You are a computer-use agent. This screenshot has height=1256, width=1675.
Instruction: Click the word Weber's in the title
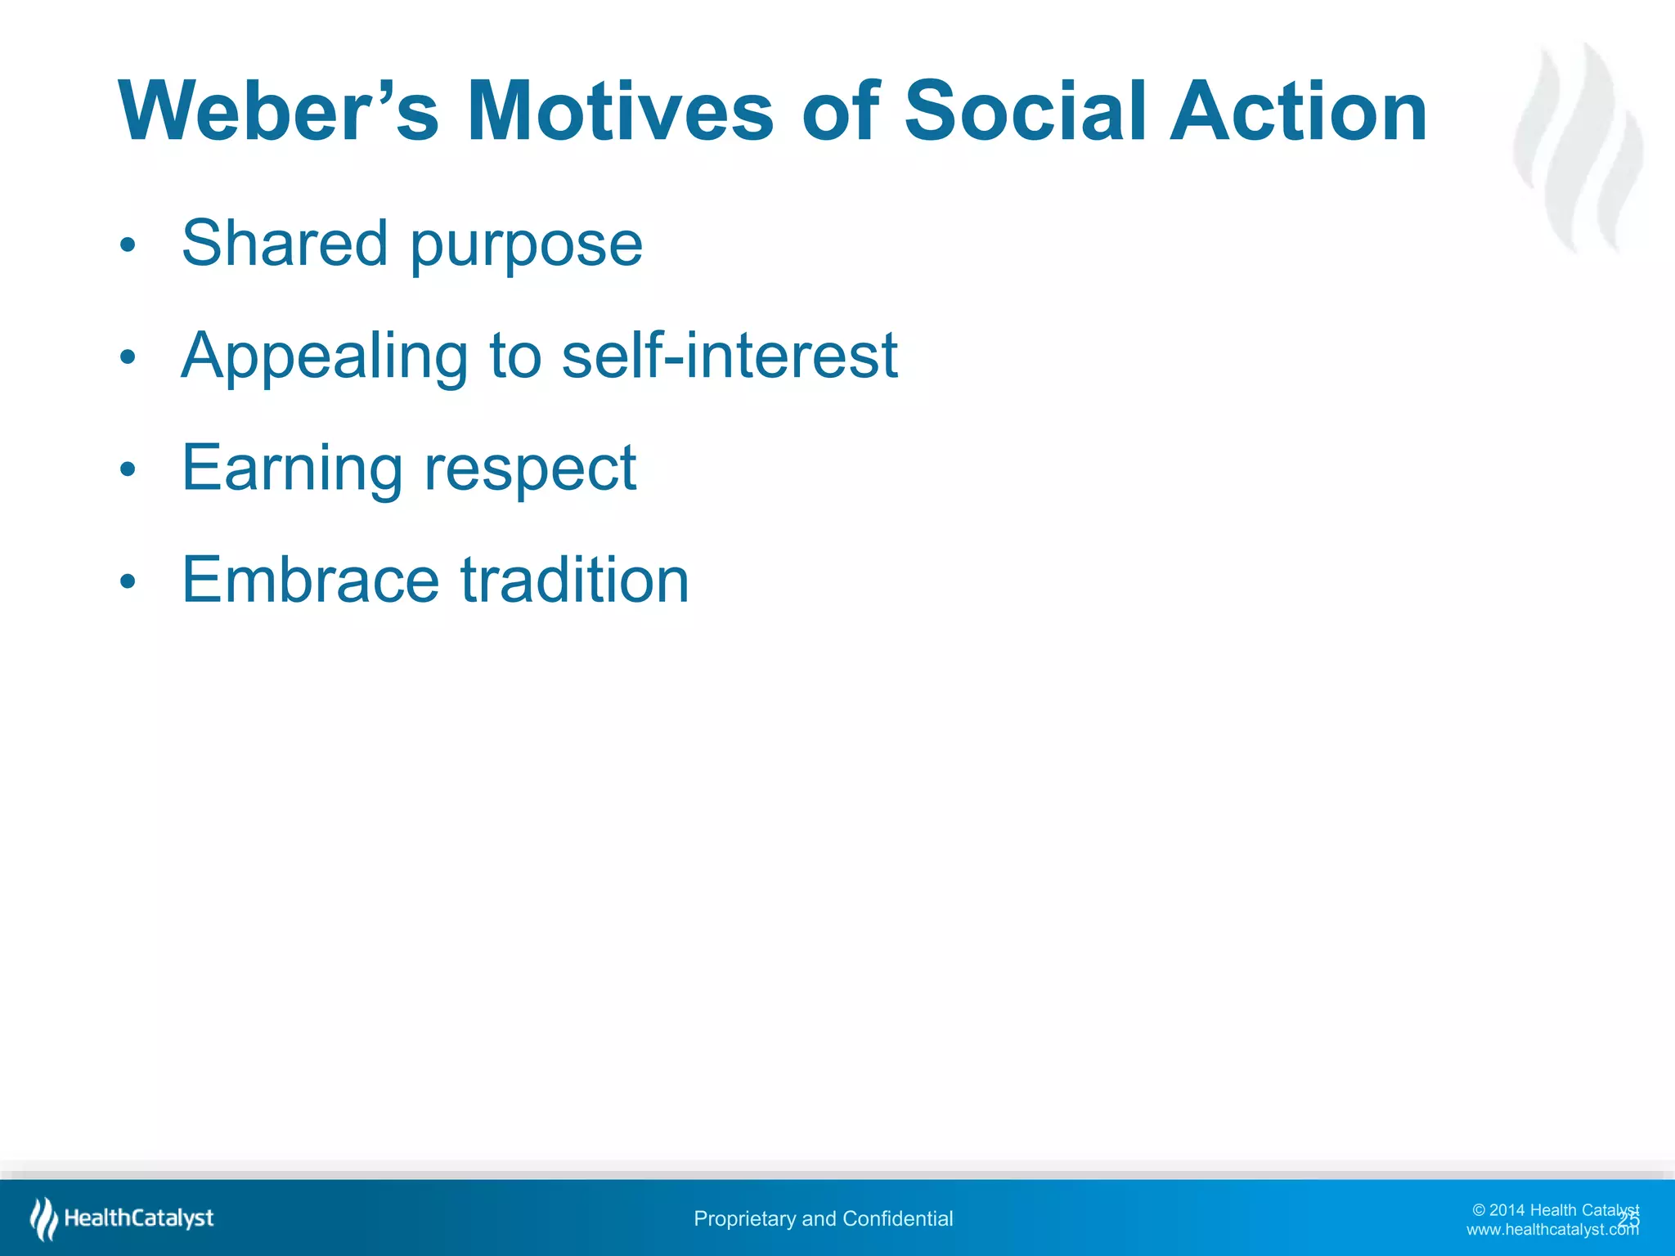pyautogui.click(x=278, y=111)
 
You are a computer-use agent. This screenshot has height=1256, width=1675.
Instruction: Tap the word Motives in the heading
pyautogui.click(x=619, y=111)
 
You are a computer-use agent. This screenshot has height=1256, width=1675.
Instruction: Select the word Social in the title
pyautogui.click(x=1025, y=111)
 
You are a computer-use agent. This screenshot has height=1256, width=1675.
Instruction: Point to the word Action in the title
pyautogui.click(x=1298, y=111)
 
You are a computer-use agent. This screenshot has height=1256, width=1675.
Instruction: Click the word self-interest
pyautogui.click(x=730, y=356)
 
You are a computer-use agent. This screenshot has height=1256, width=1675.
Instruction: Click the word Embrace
pyautogui.click(x=310, y=580)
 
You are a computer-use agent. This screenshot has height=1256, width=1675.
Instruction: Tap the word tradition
pyautogui.click(x=575, y=580)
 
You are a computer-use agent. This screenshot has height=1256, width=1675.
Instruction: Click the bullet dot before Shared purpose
pyautogui.click(x=127, y=245)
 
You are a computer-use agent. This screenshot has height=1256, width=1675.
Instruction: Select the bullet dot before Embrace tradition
pyautogui.click(x=127, y=581)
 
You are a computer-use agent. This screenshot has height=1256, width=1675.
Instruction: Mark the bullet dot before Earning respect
pyautogui.click(x=127, y=469)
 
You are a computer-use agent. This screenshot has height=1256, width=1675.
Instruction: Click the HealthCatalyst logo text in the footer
pyautogui.click(x=138, y=1218)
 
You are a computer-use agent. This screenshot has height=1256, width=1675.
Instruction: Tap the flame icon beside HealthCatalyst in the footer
pyautogui.click(x=43, y=1218)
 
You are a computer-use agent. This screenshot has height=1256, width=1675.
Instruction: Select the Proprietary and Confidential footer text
pyautogui.click(x=823, y=1218)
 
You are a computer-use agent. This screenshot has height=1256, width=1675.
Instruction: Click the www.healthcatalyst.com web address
pyautogui.click(x=1552, y=1230)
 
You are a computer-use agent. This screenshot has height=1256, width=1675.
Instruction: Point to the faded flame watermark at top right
pyautogui.click(x=1578, y=147)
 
